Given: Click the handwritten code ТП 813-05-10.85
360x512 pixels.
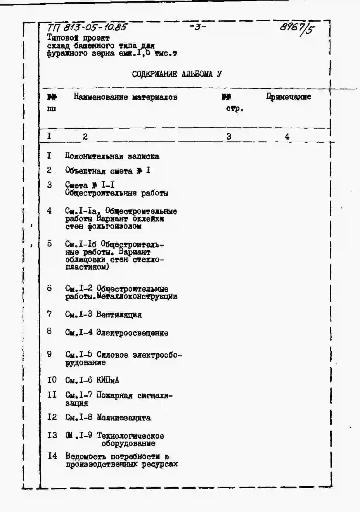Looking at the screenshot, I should point(87,28).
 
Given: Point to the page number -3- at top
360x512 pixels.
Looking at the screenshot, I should point(198,27).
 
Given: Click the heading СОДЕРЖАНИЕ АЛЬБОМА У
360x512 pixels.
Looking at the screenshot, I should point(176,74).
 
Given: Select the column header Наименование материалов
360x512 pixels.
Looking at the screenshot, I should point(125,97).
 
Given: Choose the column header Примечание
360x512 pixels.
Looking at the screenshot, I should point(288,97).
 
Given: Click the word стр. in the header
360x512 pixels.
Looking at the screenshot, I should point(235,109).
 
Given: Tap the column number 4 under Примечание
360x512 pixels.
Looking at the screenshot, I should point(287,136).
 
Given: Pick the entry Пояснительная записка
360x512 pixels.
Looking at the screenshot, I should point(112,156).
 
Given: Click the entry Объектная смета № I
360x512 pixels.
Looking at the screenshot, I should point(108,171).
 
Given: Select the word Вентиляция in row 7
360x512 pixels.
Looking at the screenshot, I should point(119,315).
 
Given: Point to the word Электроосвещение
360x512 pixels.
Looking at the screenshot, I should point(132,333).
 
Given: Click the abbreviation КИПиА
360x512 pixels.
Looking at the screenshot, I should point(108,380).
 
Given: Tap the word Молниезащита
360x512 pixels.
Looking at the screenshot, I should point(124,418).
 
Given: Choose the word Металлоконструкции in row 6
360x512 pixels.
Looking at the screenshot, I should point(137,297).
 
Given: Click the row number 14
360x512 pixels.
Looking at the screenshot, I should point(52,456).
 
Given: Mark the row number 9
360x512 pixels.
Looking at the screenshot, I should point(49,354).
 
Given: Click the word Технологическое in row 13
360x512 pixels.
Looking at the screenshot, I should point(130,436).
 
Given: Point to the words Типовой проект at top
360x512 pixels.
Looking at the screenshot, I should point(78,38).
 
